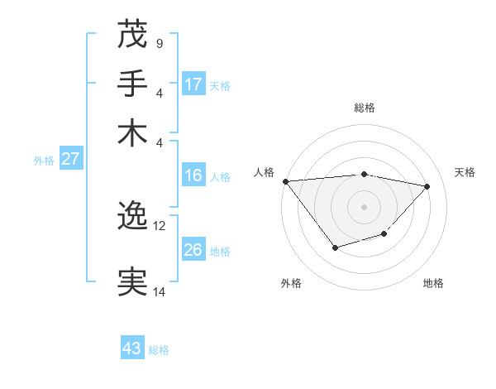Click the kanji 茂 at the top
click(x=132, y=34)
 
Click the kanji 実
click(x=132, y=281)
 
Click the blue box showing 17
click(x=193, y=84)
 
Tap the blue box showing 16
click(x=193, y=175)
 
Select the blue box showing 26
click(x=193, y=250)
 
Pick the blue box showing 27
click(x=70, y=159)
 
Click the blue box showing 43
click(x=132, y=348)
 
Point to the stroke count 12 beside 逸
click(x=160, y=225)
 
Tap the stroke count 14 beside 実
click(x=160, y=291)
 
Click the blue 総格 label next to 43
click(x=159, y=350)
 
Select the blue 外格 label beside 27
click(x=44, y=161)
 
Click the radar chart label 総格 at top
click(x=364, y=108)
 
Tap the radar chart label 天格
click(x=465, y=172)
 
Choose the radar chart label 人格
click(x=265, y=172)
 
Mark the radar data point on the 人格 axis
click(x=285, y=181)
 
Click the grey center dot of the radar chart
click(x=364, y=206)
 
